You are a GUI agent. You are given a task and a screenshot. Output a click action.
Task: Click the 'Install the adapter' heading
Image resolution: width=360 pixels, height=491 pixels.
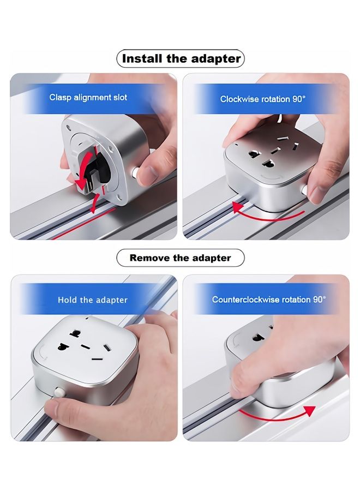[x=181, y=58]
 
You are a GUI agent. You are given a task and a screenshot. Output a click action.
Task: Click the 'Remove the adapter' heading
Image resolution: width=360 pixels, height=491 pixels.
[x=181, y=258]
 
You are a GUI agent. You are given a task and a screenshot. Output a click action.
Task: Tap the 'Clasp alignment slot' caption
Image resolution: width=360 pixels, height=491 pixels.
[x=88, y=98]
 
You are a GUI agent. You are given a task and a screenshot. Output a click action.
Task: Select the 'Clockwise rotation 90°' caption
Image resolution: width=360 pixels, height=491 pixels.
[x=263, y=99]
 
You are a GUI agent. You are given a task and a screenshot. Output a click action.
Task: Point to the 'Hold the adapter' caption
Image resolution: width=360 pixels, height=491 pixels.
[x=93, y=300]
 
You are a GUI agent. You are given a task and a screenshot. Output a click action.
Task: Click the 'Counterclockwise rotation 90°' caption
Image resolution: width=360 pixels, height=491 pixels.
[x=269, y=300]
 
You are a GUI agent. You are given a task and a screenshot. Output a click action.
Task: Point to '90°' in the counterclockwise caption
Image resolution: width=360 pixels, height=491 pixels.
[x=319, y=300]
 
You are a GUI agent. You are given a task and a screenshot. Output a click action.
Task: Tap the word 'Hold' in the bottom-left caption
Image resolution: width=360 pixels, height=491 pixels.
[x=67, y=300]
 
